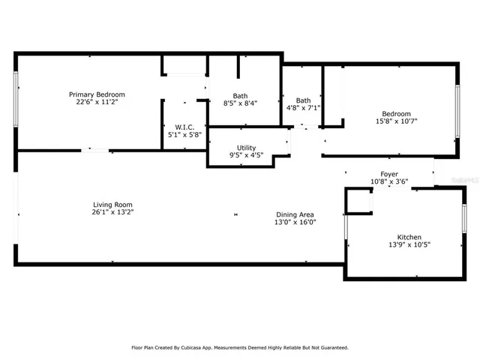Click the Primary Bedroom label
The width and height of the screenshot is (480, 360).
click(97, 94)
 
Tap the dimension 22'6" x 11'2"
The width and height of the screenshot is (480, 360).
click(97, 102)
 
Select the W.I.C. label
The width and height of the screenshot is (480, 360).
click(185, 127)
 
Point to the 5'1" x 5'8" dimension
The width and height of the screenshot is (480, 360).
click(185, 135)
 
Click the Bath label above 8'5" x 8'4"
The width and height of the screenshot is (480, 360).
click(240, 95)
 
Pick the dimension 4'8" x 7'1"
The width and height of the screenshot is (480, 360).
click(303, 108)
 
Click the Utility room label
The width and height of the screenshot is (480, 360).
click(246, 148)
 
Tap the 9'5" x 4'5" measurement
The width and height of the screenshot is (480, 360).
click(246, 155)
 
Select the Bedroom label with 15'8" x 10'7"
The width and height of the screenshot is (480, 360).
click(396, 113)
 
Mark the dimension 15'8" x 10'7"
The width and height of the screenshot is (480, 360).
click(396, 121)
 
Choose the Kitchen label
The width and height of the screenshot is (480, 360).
click(409, 237)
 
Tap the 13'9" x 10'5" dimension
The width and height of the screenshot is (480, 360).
click(409, 244)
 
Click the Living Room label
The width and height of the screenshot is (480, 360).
click(112, 204)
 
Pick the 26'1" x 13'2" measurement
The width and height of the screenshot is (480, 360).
click(112, 211)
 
